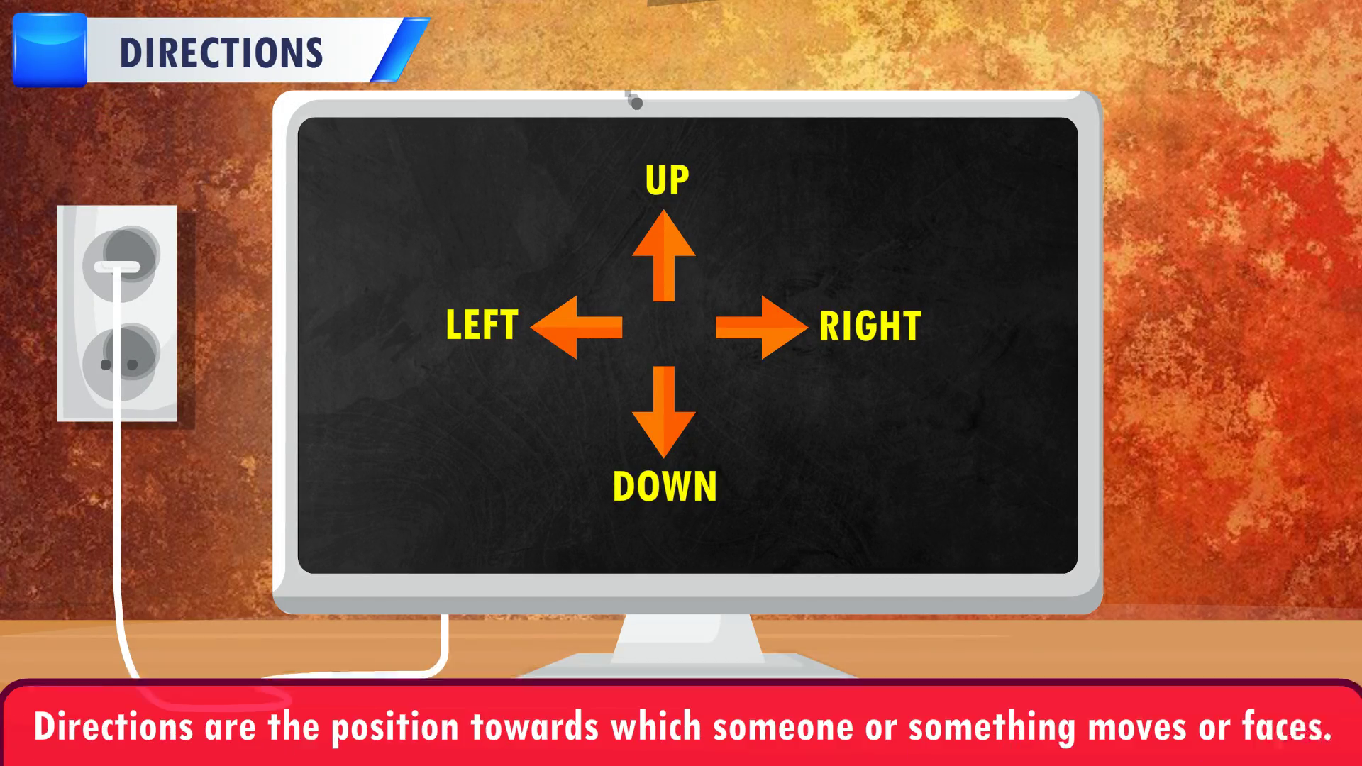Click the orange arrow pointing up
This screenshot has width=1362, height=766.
point(663,255)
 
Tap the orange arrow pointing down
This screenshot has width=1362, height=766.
point(663,411)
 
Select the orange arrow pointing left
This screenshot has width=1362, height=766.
point(576,327)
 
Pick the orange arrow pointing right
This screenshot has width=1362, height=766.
point(762,327)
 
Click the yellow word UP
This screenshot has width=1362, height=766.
point(667,180)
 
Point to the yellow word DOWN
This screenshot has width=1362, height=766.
point(665,487)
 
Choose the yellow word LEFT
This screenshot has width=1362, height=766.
point(482,325)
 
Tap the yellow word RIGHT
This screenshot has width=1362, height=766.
point(870,326)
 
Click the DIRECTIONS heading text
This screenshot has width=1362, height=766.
point(221,53)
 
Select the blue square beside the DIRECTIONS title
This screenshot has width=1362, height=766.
point(50,50)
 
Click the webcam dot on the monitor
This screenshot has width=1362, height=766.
point(636,104)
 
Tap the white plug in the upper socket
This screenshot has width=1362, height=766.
point(118,267)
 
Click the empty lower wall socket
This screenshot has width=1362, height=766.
point(121,362)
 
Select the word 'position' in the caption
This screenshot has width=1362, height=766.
point(395,728)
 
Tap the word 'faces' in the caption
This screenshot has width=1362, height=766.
point(1283,727)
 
